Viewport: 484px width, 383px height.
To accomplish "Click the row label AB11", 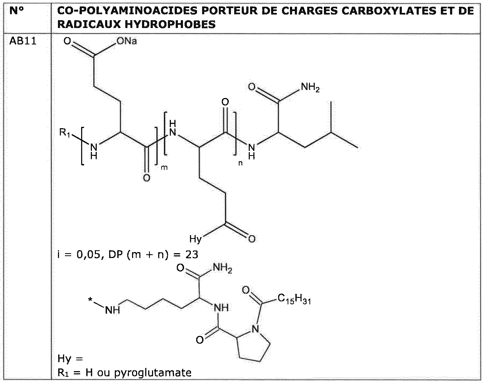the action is click(x=23, y=42).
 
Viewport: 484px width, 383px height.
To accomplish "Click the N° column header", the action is click(x=17, y=11).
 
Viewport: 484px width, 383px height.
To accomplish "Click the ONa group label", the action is click(x=127, y=41).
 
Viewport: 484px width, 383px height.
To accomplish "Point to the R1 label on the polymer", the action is click(x=65, y=133).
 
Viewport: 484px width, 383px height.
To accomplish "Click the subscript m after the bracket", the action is click(x=164, y=168).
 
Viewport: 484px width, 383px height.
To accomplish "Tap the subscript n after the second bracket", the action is click(x=240, y=163).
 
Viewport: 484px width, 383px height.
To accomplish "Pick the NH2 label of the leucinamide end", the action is click(x=310, y=88).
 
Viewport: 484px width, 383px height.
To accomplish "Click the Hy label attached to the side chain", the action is click(x=196, y=239).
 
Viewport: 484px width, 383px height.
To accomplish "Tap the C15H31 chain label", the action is click(x=294, y=299).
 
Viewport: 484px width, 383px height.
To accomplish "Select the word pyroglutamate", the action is click(x=153, y=373).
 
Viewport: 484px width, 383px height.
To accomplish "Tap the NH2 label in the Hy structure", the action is click(x=223, y=268).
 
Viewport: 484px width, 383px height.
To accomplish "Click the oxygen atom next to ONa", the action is click(x=67, y=41).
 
